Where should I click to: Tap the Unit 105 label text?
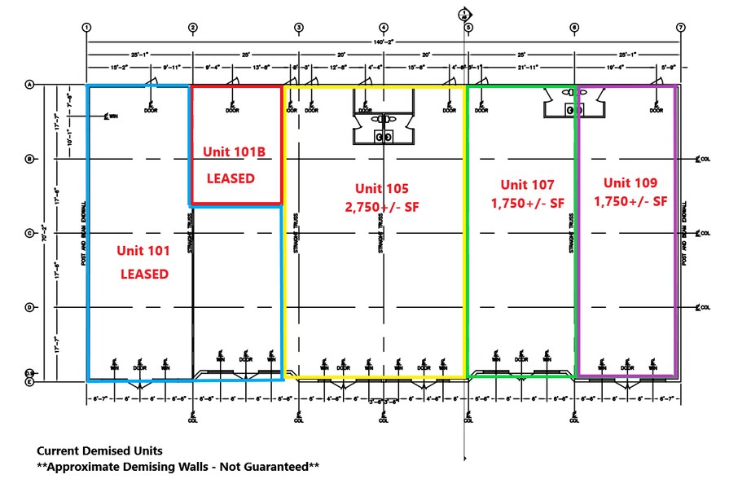click(381, 189)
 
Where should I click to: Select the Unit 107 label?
click(526, 185)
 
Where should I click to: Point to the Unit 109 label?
click(630, 183)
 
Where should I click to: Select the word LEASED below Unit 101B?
click(231, 178)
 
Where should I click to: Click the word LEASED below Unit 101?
click(144, 275)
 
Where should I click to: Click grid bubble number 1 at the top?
click(86, 28)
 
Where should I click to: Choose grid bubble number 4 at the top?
click(383, 28)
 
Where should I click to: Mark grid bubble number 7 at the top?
click(680, 28)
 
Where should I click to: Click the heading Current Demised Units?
click(99, 450)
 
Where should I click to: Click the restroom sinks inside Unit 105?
click(383, 137)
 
